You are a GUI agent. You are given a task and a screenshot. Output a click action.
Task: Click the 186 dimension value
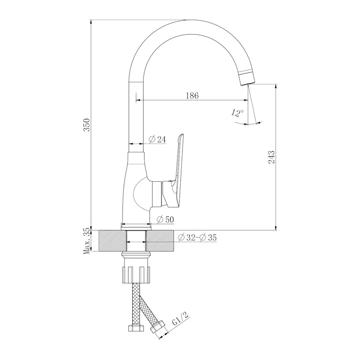click(x=192, y=95)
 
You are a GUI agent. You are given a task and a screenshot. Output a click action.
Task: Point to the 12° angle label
click(x=238, y=113)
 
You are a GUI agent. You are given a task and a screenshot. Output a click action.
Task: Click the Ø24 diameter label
click(x=157, y=139)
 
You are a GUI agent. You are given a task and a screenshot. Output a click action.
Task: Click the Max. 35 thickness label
click(x=87, y=242)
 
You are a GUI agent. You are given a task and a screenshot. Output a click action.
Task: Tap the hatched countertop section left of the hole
click(x=109, y=242)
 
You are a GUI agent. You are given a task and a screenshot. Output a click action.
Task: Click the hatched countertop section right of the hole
click(x=162, y=242)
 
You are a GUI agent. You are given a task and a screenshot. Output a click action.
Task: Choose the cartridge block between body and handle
click(x=157, y=193)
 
